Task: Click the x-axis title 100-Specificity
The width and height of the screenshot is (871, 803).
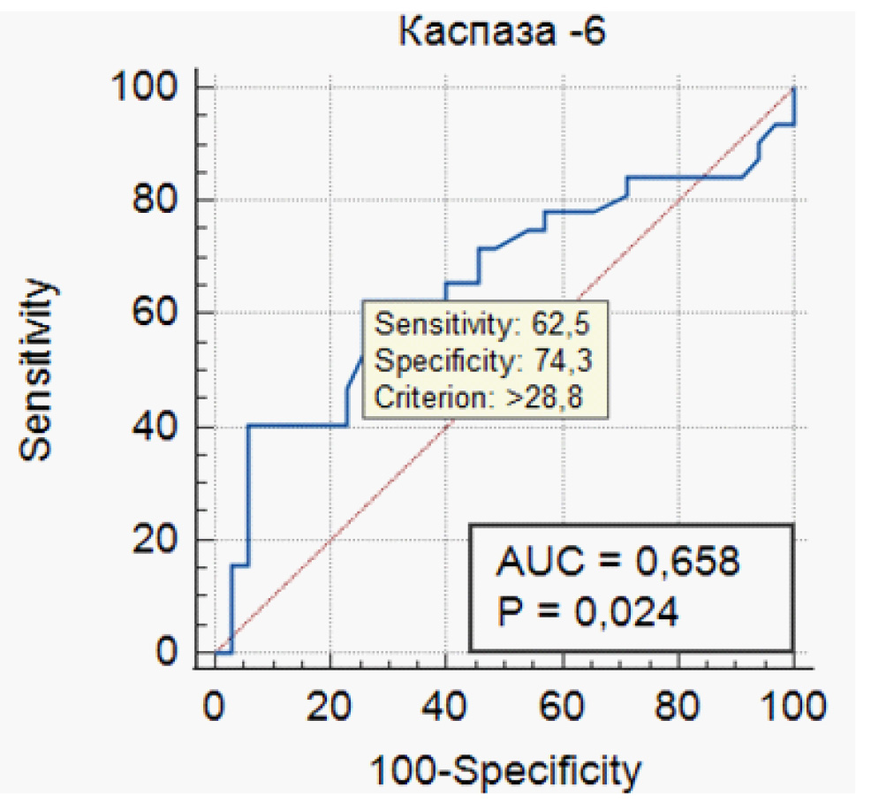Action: [x=504, y=771]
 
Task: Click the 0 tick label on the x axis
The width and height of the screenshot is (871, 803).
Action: [x=214, y=707]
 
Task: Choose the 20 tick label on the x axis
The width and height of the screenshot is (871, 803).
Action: [x=329, y=707]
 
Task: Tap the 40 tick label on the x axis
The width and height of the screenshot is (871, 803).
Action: [x=445, y=707]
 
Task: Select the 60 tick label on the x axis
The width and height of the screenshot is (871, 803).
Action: [x=562, y=707]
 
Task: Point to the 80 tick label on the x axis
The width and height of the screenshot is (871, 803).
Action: [x=678, y=707]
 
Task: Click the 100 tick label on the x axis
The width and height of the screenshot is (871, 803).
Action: [x=792, y=707]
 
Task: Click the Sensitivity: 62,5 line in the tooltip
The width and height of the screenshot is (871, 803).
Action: [x=481, y=325]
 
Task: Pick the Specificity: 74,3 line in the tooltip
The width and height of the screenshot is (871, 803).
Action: [x=481, y=360]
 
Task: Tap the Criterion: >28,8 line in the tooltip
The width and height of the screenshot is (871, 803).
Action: [x=481, y=397]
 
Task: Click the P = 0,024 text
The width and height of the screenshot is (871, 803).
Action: [x=588, y=611]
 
